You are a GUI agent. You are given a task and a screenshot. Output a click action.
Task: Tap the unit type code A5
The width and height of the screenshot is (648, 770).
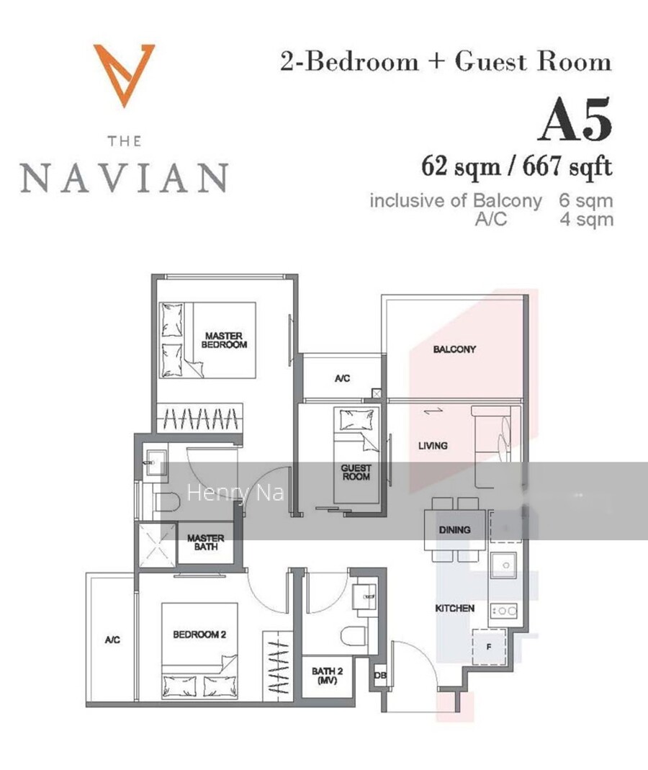tap(575, 120)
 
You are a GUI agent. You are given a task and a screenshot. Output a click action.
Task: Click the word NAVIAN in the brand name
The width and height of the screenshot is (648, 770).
tap(125, 177)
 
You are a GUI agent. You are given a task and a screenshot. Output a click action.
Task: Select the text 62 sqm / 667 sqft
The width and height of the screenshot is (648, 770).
tap(516, 166)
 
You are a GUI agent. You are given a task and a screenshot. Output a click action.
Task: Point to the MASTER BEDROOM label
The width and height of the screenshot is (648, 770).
tap(224, 340)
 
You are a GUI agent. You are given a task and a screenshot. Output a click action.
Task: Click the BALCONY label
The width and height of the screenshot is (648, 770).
tap(454, 349)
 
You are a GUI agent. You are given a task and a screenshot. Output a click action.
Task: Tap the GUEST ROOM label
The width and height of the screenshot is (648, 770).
tap(356, 472)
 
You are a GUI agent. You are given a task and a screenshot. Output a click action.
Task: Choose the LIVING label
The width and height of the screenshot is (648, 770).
tap(433, 445)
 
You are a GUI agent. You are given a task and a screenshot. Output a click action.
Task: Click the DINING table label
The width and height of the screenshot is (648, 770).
tap(454, 530)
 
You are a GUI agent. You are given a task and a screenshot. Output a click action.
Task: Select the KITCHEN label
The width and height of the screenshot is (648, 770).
tap(454, 609)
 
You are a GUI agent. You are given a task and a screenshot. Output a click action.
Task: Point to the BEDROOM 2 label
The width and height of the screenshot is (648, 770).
tap(199, 635)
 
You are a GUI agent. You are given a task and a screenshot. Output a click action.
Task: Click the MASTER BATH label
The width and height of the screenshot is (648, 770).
tap(206, 542)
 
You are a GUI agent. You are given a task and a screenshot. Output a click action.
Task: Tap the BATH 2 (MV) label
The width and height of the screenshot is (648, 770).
tap(327, 675)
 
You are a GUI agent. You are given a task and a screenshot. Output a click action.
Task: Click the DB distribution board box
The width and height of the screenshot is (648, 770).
tap(380, 676)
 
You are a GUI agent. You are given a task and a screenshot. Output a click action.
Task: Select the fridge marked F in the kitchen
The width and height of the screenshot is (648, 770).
tap(489, 647)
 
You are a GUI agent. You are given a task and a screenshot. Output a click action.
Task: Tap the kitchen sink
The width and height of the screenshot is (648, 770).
tap(504, 565)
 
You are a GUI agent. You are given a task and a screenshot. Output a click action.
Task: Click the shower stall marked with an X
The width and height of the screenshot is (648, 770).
tap(157, 545)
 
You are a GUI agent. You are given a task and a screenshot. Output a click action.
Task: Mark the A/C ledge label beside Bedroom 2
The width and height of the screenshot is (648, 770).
tap(112, 640)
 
